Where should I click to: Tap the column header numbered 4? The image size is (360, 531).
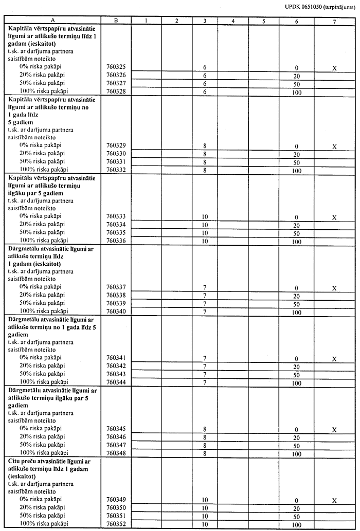click(233, 20)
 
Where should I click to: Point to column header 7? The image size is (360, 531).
click(334, 20)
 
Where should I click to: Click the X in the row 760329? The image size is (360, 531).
click(334, 147)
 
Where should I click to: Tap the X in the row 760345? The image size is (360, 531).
click(334, 430)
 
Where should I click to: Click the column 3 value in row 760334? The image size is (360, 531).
click(205, 225)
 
